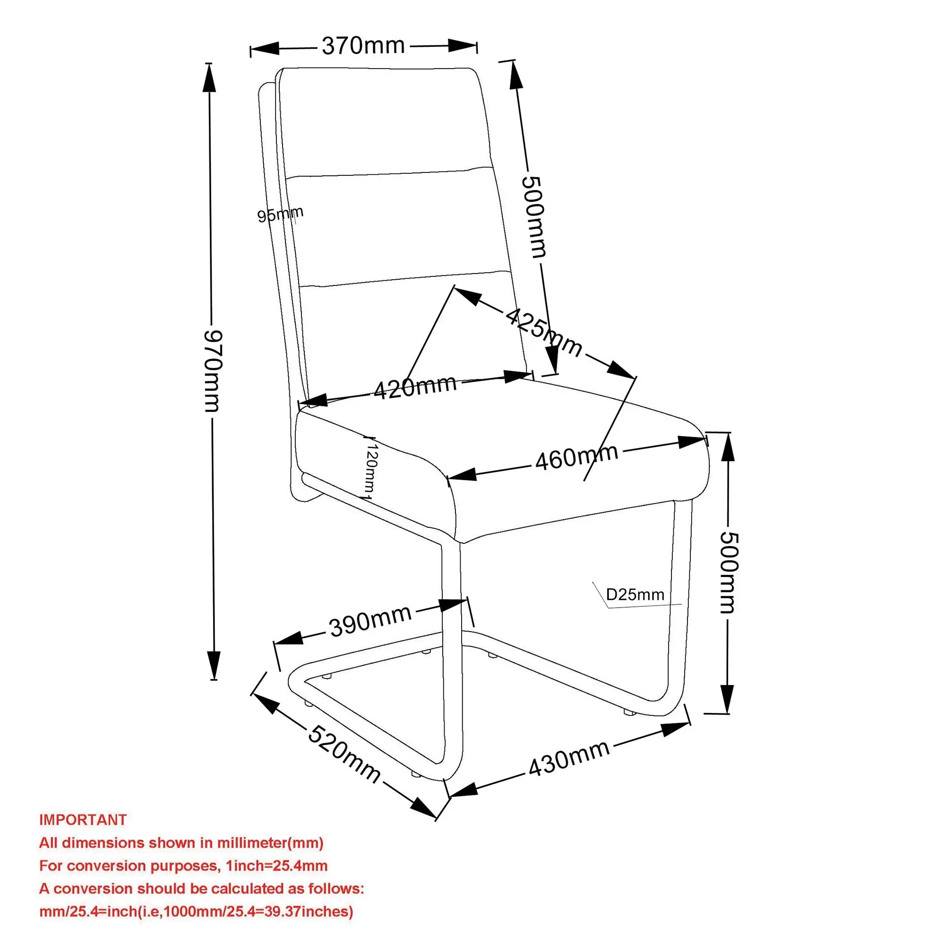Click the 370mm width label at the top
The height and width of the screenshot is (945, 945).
pos(363,46)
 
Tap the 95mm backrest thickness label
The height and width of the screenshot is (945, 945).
pos(280,214)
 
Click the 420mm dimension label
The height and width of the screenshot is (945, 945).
pos(415,387)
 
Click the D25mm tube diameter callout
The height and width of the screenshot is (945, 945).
pos(635,595)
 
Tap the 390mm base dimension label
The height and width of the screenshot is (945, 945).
pos(370,621)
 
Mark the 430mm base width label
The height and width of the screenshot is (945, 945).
pos(569,758)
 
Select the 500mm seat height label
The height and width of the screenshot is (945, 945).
pos(728,572)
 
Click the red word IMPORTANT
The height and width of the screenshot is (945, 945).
pos(83,820)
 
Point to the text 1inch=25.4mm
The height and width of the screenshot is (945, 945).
pos(276,866)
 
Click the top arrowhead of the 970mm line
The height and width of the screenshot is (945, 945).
pos(209,77)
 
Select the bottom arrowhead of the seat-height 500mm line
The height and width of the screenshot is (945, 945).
pos(727,700)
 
